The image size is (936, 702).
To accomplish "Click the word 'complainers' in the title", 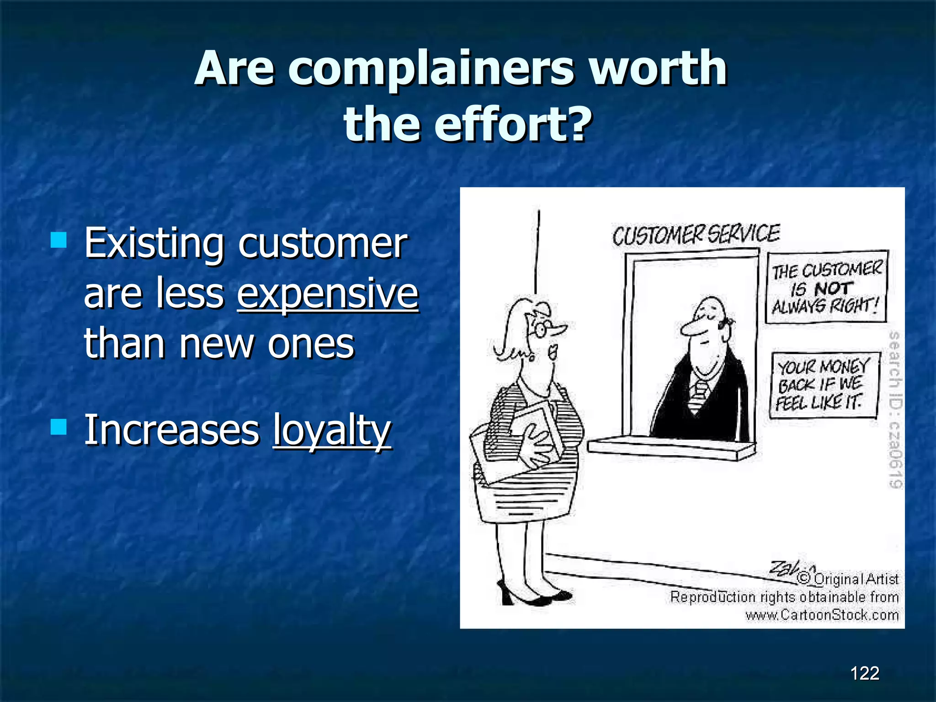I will click(x=430, y=69).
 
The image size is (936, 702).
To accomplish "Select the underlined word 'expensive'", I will click(x=327, y=293).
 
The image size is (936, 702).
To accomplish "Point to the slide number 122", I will click(x=864, y=673).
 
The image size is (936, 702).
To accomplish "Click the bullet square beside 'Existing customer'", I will click(x=59, y=239).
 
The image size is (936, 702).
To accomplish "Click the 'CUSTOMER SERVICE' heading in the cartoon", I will click(x=696, y=235).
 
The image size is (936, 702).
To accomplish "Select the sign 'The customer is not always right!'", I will click(x=826, y=287).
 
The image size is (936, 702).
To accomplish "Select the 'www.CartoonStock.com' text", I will click(x=822, y=615).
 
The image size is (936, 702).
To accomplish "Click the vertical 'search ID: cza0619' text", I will click(x=895, y=409).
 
